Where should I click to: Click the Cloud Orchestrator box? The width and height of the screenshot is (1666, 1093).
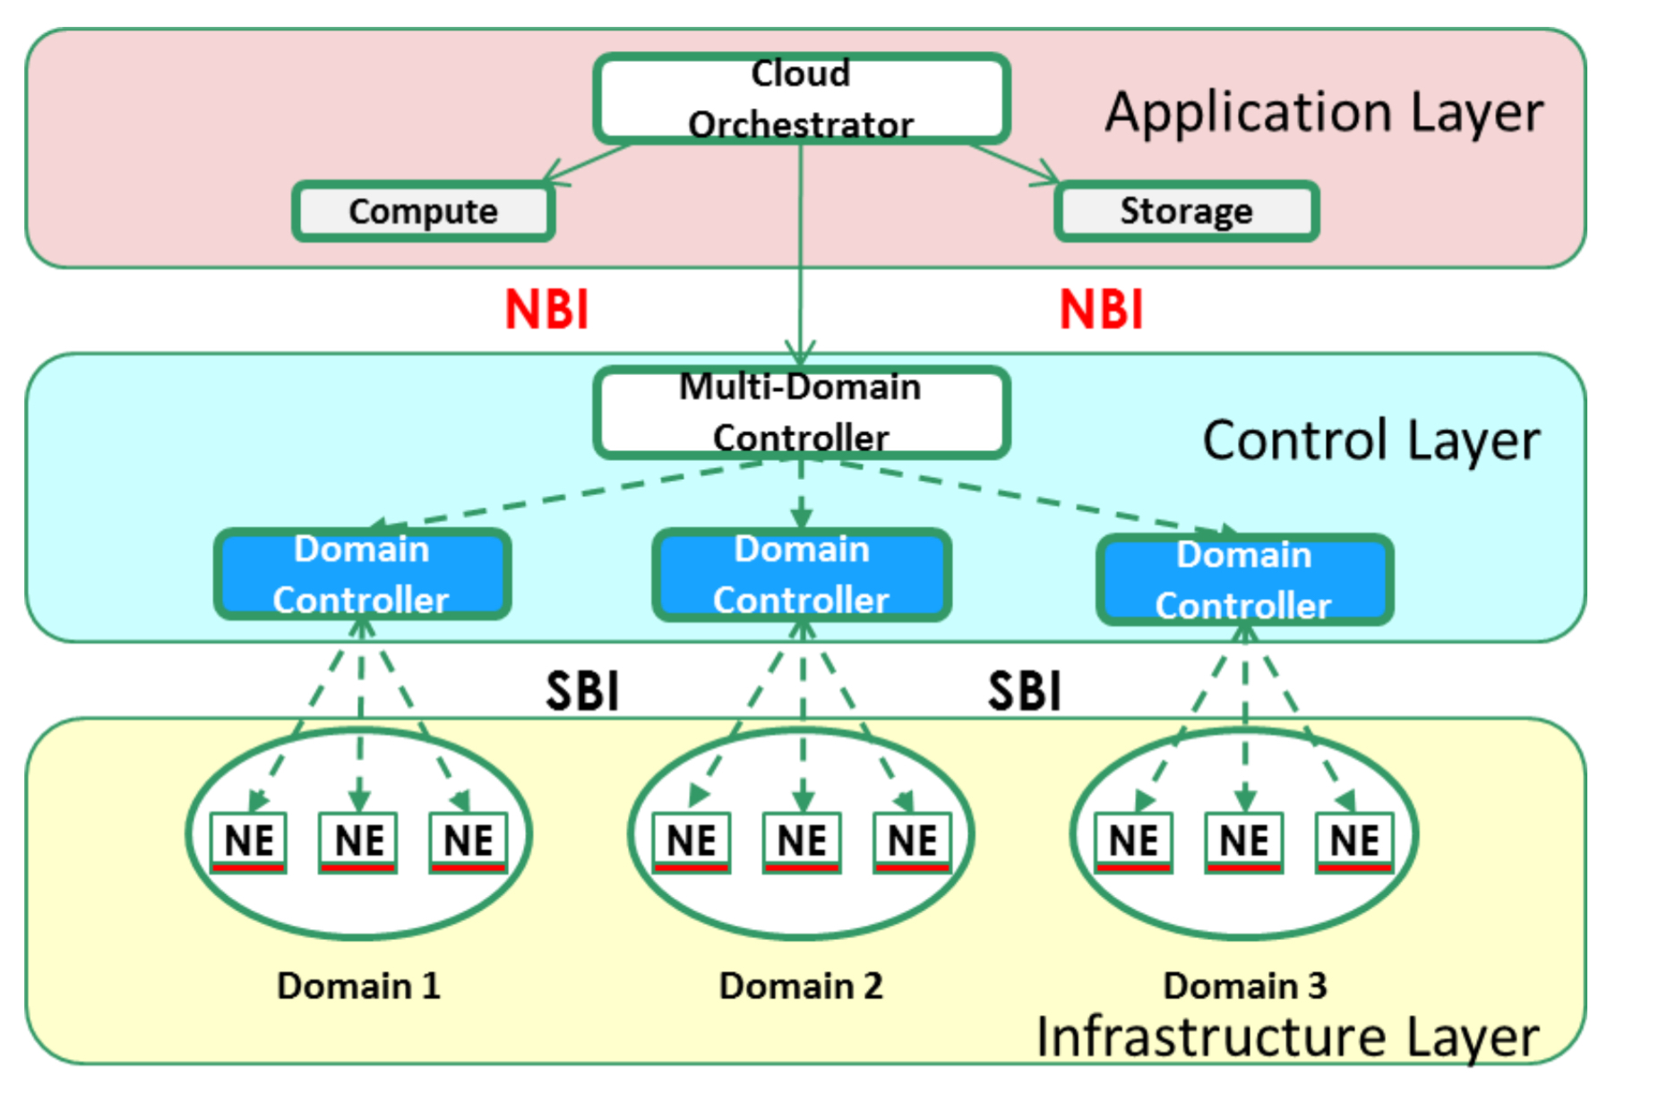[802, 98]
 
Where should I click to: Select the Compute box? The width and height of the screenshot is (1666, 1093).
[424, 211]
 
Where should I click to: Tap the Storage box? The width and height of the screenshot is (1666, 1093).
[1187, 211]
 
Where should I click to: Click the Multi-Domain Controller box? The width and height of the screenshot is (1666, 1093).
[802, 413]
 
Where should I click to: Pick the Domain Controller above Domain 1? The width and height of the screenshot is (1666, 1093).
[362, 574]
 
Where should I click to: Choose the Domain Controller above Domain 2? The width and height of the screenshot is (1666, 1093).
[802, 574]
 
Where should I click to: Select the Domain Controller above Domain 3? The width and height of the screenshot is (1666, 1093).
[1244, 579]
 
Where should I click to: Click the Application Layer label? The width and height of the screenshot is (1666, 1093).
[1324, 113]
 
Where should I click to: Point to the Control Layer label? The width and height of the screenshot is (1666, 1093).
[1370, 440]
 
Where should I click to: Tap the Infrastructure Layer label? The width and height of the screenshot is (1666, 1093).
[1287, 1037]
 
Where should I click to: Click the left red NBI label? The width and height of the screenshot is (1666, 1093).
[547, 310]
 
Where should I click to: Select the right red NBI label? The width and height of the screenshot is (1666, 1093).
[1102, 310]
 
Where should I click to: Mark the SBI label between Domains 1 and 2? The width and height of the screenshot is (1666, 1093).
[583, 691]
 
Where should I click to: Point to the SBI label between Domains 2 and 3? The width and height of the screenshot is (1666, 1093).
[1025, 691]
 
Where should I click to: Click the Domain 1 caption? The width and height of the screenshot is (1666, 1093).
[358, 986]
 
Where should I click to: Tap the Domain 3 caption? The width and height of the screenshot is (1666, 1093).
[1245, 986]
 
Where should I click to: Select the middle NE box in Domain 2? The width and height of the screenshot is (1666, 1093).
[802, 841]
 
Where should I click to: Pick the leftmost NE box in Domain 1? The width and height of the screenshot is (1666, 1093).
[248, 841]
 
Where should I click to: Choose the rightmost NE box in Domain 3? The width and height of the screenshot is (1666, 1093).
[1354, 841]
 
